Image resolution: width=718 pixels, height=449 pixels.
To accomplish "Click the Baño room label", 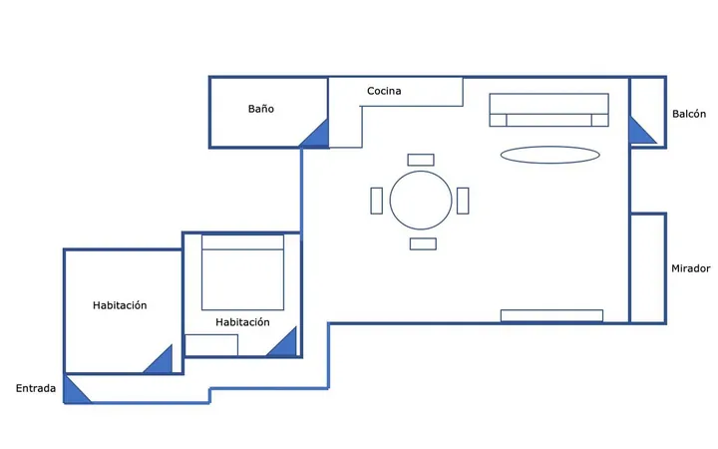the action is [x=261, y=109].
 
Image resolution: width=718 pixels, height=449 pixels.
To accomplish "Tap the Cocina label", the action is [x=384, y=91].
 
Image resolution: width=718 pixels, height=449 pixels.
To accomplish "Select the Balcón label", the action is [x=689, y=114].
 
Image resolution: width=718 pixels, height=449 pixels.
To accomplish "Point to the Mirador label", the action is [x=691, y=268].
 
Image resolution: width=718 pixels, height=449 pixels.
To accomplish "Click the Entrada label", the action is [x=36, y=388].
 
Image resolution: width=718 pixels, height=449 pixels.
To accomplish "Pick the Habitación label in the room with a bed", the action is [x=242, y=322].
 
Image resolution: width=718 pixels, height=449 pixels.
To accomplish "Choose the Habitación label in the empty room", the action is [x=120, y=305].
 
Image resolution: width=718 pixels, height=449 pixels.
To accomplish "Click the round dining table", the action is [x=421, y=201].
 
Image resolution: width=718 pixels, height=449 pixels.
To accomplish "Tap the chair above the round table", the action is [x=421, y=160].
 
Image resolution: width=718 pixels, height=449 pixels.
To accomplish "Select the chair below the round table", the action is [x=423, y=243].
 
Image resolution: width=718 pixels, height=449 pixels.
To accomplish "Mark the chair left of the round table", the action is [x=376, y=201].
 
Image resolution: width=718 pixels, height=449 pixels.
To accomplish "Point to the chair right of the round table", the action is [x=463, y=201].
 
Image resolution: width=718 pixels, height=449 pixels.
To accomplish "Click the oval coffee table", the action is [x=549, y=155].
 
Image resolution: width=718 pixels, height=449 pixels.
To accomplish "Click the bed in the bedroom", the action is [x=242, y=272].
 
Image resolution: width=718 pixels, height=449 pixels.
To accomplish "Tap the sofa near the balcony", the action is [x=549, y=110].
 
